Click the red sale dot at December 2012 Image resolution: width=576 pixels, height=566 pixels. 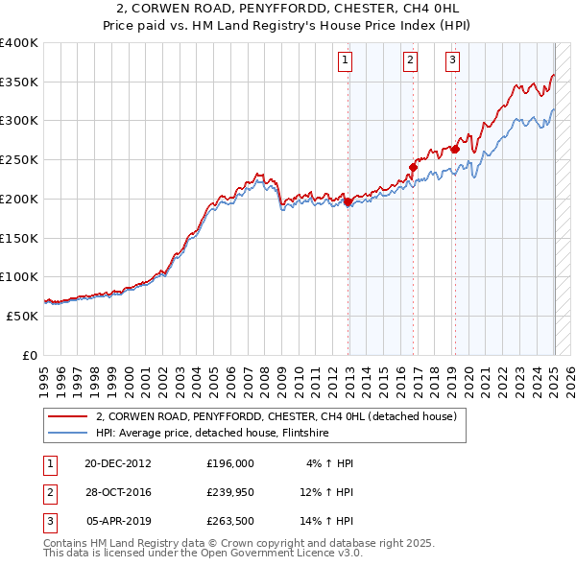(348, 202)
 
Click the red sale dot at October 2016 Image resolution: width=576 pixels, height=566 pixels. (413, 168)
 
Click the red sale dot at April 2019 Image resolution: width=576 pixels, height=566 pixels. (455, 149)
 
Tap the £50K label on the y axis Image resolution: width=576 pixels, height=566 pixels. (23, 316)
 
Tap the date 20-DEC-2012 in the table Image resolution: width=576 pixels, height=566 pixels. (118, 462)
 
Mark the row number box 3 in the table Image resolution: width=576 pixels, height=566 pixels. (48, 524)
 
